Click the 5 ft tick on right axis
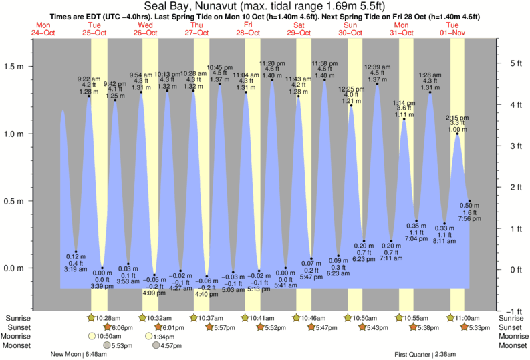pyautogui.click(x=515, y=63)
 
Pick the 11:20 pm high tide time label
pyautogui.click(x=272, y=63)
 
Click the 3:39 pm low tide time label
pyautogui.click(x=102, y=286)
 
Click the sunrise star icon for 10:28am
pyautogui.click(x=92, y=318)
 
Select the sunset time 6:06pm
pyautogui.click(x=121, y=327)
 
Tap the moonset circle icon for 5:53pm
pyautogui.click(x=105, y=345)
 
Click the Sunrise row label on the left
pyautogui.click(x=17, y=318)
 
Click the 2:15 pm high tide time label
pyautogui.click(x=457, y=116)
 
